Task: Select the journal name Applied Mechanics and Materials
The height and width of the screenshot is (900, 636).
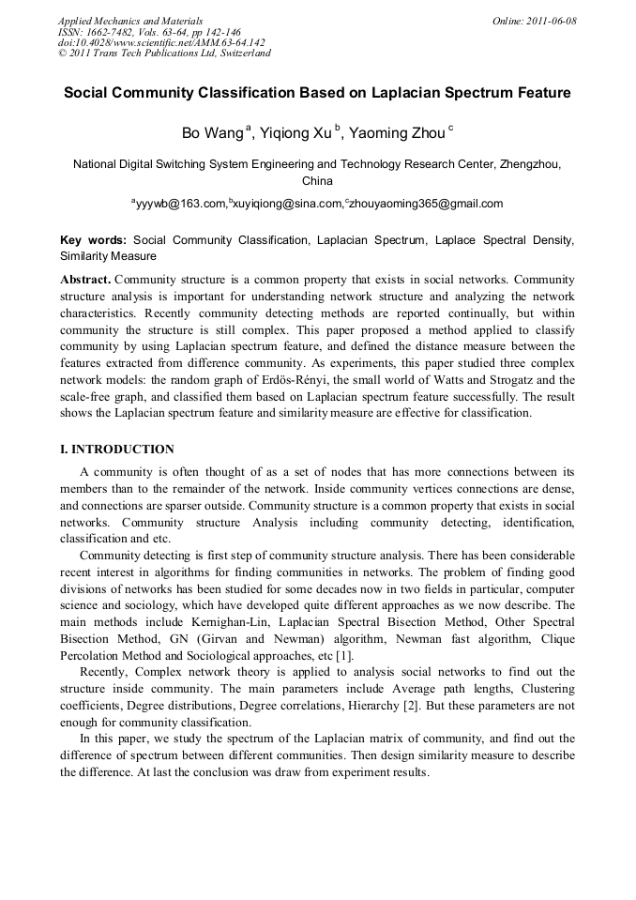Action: click(130, 20)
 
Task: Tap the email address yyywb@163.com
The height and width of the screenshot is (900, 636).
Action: click(182, 203)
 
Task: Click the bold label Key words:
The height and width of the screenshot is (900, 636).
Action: click(94, 240)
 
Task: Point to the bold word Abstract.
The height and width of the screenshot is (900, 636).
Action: click(85, 281)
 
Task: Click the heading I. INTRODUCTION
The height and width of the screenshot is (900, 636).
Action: click(117, 450)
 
